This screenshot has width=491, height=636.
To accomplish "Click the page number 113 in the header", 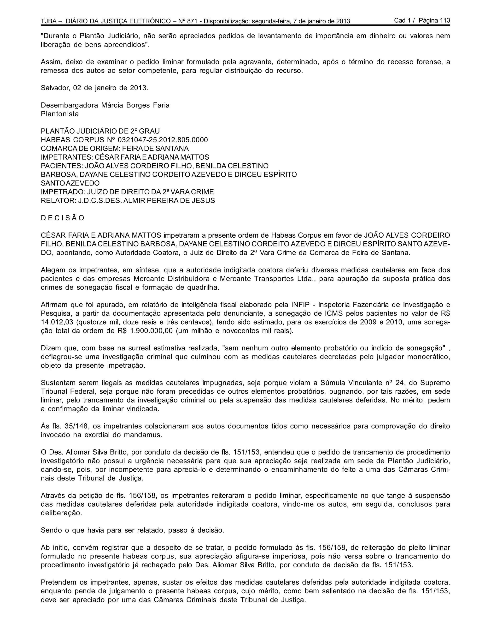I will pos(445,20).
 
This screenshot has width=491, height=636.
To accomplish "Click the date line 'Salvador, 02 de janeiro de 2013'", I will pos(94,88).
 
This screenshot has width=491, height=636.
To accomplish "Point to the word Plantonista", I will pos(60,114).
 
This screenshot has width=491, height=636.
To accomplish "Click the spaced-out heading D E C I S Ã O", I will pos(63,218).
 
